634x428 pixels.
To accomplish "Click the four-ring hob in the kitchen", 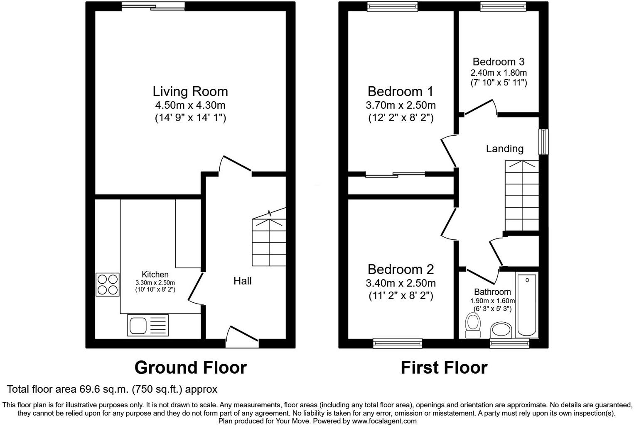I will (108, 285).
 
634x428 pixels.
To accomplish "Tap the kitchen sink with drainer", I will (148, 325).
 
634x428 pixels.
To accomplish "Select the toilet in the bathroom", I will (472, 326).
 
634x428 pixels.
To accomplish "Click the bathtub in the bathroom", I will (526, 304).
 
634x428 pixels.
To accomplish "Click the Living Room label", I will (190, 91).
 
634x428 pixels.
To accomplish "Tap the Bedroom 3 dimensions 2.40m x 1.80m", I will (499, 73).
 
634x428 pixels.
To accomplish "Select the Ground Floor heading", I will (190, 367).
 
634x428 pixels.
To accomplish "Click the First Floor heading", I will (444, 367).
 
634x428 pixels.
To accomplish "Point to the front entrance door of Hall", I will (242, 336).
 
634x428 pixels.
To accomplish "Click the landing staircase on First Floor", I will (521, 195).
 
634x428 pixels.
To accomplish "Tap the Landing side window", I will (543, 142).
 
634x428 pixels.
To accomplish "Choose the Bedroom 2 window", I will (398, 343).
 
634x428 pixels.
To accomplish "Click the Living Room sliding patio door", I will (153, 6).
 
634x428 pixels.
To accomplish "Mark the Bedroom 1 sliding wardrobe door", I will (395, 175).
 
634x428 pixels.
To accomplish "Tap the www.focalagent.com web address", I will (384, 421).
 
